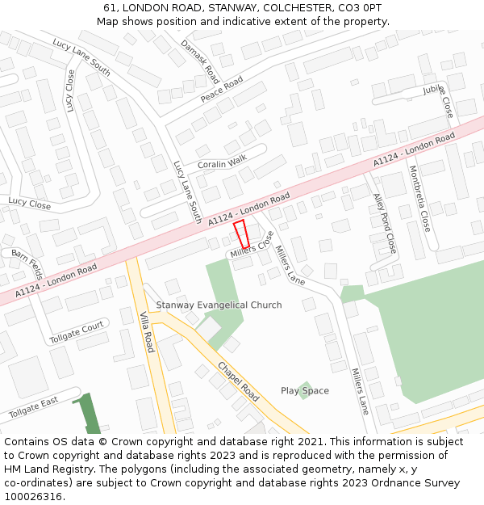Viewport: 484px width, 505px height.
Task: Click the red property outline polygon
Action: click(242, 234)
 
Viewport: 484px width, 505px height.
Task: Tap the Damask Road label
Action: click(200, 61)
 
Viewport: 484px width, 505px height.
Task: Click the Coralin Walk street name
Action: click(222, 164)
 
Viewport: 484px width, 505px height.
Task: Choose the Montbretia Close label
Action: click(420, 199)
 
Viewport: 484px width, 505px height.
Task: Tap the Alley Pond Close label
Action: click(385, 223)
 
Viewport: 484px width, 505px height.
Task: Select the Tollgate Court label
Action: click(77, 331)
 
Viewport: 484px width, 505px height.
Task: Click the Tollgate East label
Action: click(34, 407)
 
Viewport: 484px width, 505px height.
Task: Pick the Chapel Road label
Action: click(238, 381)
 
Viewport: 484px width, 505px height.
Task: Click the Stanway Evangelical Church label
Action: click(219, 305)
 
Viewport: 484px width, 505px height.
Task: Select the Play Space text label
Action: click(305, 391)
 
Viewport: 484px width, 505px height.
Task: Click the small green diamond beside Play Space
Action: click(304, 391)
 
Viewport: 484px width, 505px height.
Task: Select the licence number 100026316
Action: click(33, 497)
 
